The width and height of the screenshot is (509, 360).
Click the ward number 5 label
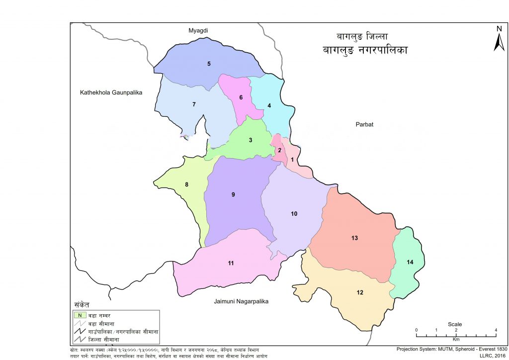coord(209,64)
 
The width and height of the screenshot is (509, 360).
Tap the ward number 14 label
coord(410,262)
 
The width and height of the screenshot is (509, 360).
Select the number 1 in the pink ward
coord(293,160)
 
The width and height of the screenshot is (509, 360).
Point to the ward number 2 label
coord(279,151)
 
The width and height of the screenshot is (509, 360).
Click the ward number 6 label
coord(241,97)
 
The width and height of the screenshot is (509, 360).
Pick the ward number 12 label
coord(360,292)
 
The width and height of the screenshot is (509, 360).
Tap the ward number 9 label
coord(233,194)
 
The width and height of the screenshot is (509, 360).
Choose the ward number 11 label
coord(231,263)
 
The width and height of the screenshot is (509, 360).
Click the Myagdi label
coord(198,31)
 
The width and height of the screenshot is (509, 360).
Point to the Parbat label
coord(364,124)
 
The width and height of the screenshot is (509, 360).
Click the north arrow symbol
coord(499,39)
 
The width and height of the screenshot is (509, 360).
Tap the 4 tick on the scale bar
coord(496,330)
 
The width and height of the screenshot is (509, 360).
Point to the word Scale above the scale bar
coord(455,324)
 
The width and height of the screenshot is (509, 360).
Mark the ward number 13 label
coord(354,238)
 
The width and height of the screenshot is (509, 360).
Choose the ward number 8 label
coord(186,185)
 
